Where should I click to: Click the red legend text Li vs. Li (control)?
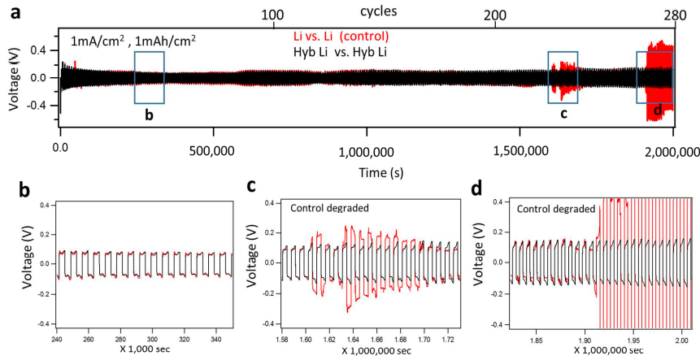[x=341, y=37]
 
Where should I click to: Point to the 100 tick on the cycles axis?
[x=274, y=15]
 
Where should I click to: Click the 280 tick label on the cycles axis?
[x=674, y=15]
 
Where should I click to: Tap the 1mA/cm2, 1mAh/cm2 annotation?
[x=133, y=40]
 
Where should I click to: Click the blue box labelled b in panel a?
[x=150, y=77]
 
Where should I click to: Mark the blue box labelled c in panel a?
[x=563, y=77]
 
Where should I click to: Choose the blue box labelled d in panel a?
[x=654, y=77]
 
